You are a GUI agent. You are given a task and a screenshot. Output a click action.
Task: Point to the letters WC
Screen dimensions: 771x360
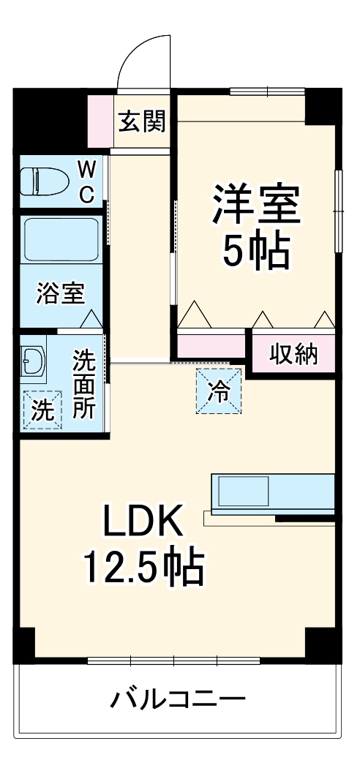[86, 182]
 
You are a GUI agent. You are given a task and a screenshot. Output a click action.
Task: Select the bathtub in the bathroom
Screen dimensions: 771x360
[61, 239]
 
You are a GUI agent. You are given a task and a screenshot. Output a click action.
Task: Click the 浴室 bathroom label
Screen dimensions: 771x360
[61, 293]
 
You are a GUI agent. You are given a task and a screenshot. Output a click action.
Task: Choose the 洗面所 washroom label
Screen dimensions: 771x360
[84, 385]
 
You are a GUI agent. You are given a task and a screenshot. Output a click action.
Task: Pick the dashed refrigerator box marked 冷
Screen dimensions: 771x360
[218, 391]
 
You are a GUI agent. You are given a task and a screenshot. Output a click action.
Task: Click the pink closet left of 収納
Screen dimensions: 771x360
[211, 345]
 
